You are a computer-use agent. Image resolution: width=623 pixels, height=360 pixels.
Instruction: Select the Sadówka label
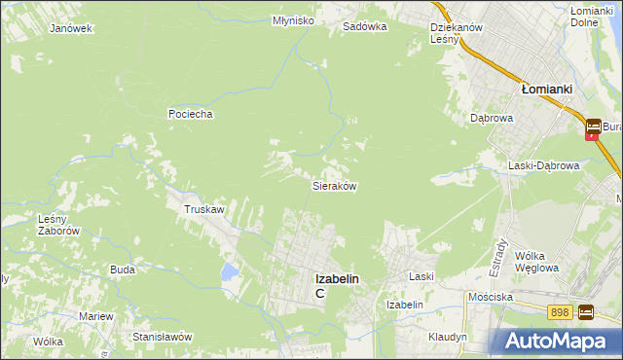pyautogui.click(x=365, y=27)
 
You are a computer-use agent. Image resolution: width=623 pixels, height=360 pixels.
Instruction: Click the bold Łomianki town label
pyautogui.click(x=546, y=89)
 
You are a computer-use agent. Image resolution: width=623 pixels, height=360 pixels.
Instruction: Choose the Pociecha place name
pyautogui.click(x=190, y=114)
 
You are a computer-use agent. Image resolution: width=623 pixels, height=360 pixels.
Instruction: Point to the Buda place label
pyautogui.click(x=123, y=270)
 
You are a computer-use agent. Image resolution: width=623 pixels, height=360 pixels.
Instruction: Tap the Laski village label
pyautogui.click(x=421, y=277)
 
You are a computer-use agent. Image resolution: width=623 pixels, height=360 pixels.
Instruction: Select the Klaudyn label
pyautogui.click(x=448, y=337)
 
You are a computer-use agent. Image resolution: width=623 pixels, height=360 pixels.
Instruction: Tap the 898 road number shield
pyautogui.click(x=559, y=312)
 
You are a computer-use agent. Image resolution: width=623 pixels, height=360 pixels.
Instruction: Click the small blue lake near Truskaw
pyautogui.click(x=229, y=270)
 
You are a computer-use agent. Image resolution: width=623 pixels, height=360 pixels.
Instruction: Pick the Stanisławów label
pyautogui.click(x=163, y=337)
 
